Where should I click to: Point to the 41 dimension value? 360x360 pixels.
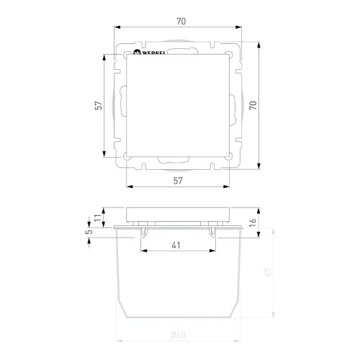tap(176, 246)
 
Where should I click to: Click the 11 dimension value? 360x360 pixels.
tap(98, 218)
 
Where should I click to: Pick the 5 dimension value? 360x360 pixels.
tap(89, 232)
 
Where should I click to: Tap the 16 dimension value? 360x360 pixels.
tap(253, 222)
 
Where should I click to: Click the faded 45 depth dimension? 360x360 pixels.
tap(268, 271)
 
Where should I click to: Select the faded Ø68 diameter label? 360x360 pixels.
tap(179, 335)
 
